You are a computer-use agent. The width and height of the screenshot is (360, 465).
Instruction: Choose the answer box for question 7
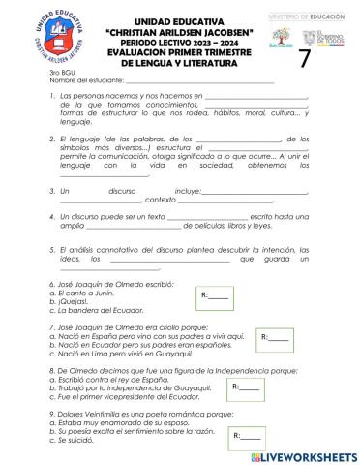(x=276, y=337)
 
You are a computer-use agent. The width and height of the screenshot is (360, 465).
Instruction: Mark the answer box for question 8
(x=247, y=387)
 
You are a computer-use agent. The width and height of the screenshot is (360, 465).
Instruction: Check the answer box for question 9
(x=249, y=438)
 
